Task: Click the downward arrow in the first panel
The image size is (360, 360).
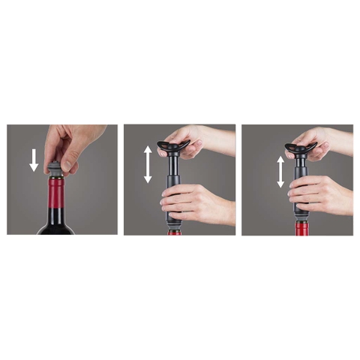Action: tap(33, 160)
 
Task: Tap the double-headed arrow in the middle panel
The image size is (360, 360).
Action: tap(148, 164)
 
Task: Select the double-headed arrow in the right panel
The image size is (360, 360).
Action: tap(280, 171)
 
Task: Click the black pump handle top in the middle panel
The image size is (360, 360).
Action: tap(172, 144)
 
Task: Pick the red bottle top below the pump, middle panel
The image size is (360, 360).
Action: tap(174, 232)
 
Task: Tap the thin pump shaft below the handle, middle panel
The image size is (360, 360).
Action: tap(172, 168)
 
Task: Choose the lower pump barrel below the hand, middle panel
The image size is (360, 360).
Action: tap(173, 222)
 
